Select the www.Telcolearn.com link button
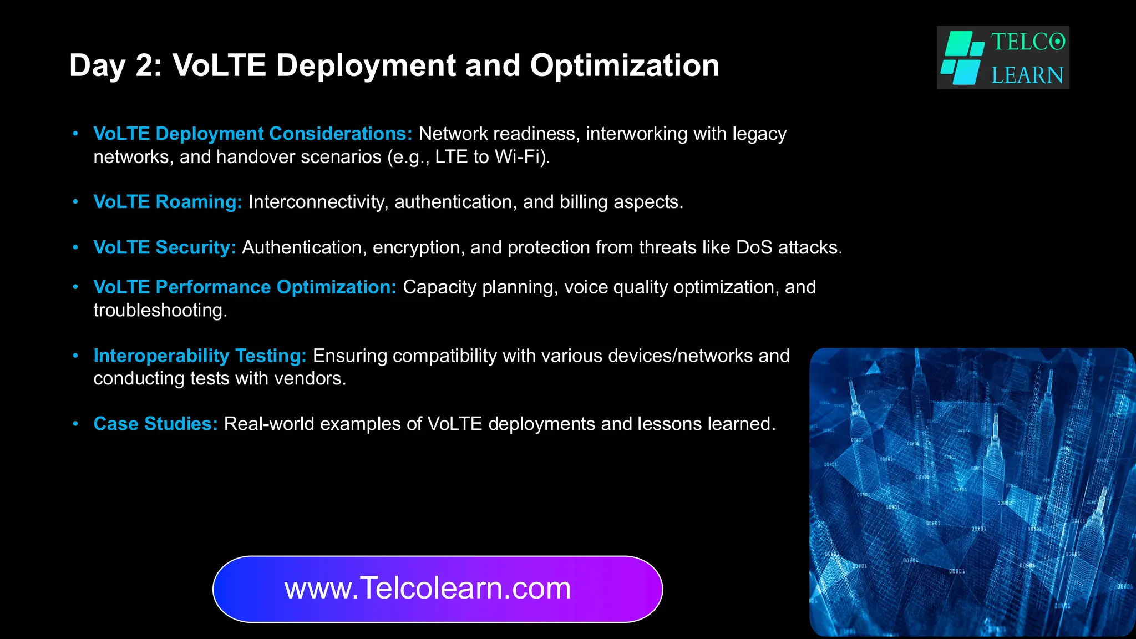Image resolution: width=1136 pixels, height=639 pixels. [438, 589]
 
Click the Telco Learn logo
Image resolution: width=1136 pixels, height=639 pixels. [1003, 58]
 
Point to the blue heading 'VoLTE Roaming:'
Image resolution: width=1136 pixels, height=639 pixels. [168, 202]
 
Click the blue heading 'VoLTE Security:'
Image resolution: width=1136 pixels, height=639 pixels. [165, 247]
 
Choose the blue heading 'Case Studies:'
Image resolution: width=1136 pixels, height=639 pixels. [155, 424]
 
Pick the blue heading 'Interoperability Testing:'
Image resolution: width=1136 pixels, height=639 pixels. [200, 356]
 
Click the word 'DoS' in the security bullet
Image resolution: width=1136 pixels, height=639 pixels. [754, 247]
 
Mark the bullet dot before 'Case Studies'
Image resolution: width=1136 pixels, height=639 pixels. [76, 424]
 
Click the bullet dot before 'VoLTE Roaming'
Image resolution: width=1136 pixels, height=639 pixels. [76, 202]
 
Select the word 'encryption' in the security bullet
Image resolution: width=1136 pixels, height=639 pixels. [418, 247]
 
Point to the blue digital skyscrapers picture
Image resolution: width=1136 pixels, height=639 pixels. [972, 491]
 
